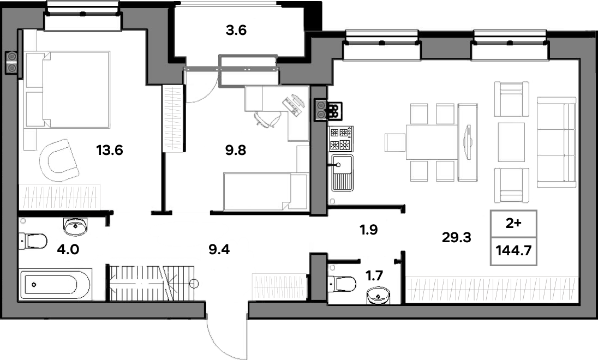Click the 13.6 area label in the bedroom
click(x=110, y=150)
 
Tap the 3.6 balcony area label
click(x=236, y=30)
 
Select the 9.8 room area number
click(x=235, y=150)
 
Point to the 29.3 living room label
click(x=457, y=238)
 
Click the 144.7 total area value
click(x=514, y=250)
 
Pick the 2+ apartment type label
click(x=513, y=224)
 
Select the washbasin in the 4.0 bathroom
click(x=75, y=227)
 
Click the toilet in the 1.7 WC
click(x=343, y=284)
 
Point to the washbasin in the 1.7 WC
click(x=379, y=296)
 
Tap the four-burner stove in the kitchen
click(x=340, y=139)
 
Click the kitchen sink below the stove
click(x=342, y=172)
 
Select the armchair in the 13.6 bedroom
click(x=59, y=160)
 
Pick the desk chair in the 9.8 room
click(x=267, y=118)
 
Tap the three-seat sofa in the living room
click(x=556, y=142)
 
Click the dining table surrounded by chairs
click(x=432, y=142)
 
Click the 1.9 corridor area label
click(x=369, y=230)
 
